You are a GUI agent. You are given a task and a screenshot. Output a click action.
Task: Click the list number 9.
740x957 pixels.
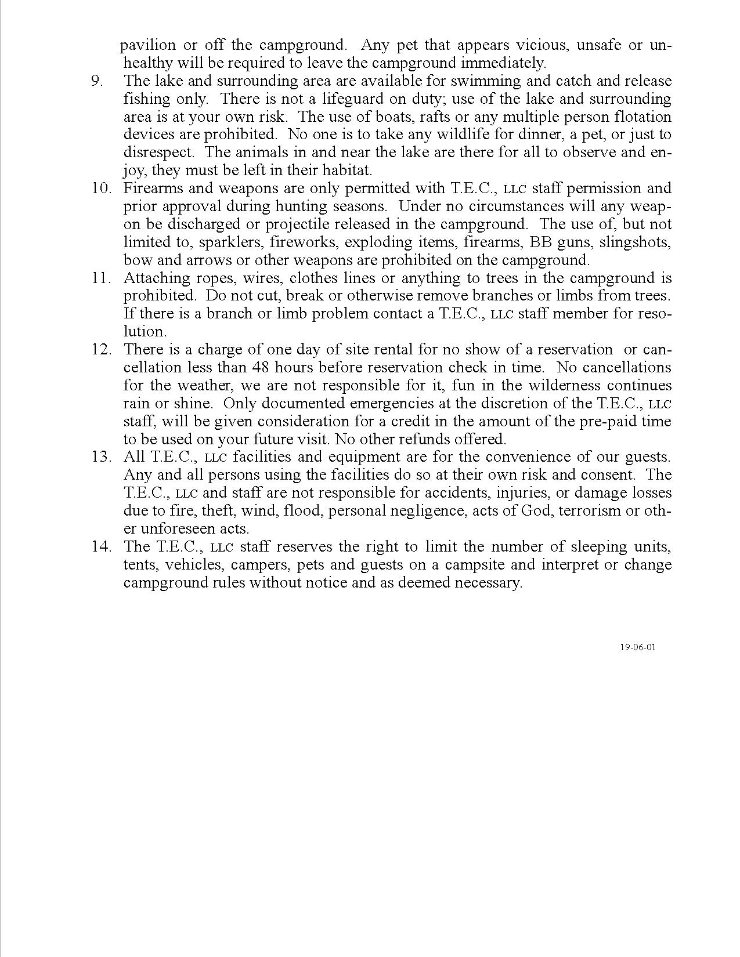tap(97, 81)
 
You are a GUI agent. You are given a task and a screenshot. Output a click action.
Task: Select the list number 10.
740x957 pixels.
tap(101, 188)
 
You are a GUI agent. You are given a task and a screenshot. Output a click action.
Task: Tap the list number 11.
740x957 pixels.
tap(101, 278)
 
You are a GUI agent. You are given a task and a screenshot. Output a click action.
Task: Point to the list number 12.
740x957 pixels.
tap(101, 350)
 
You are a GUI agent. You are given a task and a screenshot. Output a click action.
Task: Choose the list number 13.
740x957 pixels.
tap(101, 457)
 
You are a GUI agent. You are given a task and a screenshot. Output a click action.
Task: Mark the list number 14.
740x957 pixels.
tap(101, 547)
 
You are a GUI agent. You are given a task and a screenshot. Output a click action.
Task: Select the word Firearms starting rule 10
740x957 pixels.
tap(151, 188)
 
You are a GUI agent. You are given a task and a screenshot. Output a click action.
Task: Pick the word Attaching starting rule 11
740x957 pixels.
tap(153, 278)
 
